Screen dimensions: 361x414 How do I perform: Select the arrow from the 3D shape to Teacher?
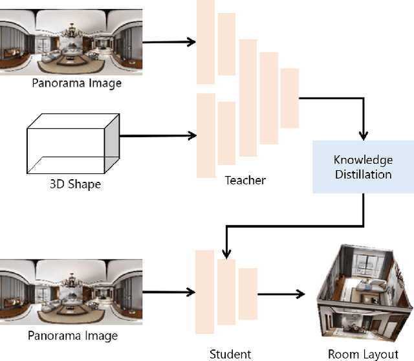pos(158,136)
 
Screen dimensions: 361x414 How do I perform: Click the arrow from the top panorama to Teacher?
pos(168,43)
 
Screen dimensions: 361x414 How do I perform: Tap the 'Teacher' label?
pos(245,181)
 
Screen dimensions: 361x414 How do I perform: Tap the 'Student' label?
pos(230,353)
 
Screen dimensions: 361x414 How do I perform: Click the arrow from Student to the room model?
pos(281,294)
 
